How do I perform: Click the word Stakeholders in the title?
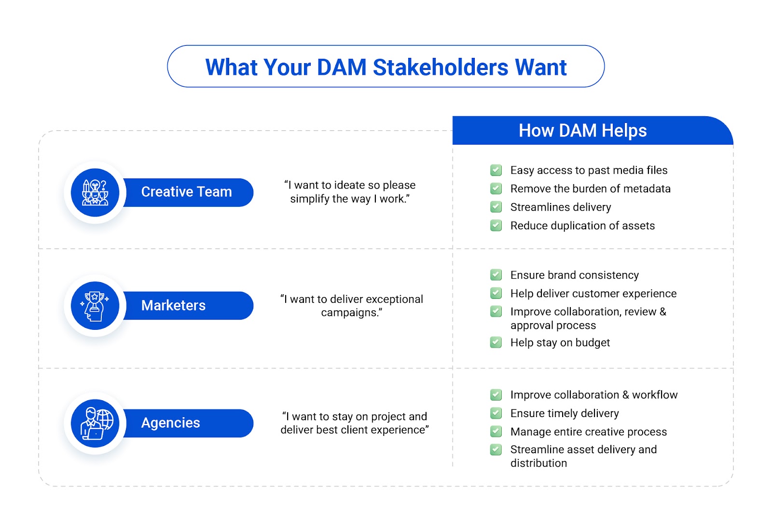pyautogui.click(x=441, y=67)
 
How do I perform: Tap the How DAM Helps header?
pyautogui.click(x=582, y=131)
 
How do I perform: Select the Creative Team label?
pyautogui.click(x=186, y=192)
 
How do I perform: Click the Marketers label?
pyautogui.click(x=173, y=306)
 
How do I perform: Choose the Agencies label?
pyautogui.click(x=171, y=423)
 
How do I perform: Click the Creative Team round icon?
pyautogui.click(x=95, y=192)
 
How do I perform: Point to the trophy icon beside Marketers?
pyautogui.click(x=95, y=306)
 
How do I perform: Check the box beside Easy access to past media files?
pyautogui.click(x=496, y=170)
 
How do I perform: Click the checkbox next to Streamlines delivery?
pyautogui.click(x=496, y=207)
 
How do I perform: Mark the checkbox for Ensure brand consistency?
pyautogui.click(x=496, y=275)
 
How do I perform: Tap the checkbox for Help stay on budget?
pyautogui.click(x=496, y=342)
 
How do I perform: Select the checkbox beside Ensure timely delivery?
pyautogui.click(x=496, y=413)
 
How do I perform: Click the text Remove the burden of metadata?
pyautogui.click(x=591, y=189)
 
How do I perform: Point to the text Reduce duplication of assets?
pyautogui.click(x=582, y=226)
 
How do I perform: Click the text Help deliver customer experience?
pyautogui.click(x=593, y=294)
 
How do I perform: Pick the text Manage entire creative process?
pyautogui.click(x=589, y=432)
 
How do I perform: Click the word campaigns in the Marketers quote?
pyautogui.click(x=349, y=313)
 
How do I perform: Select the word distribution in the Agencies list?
pyautogui.click(x=538, y=463)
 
